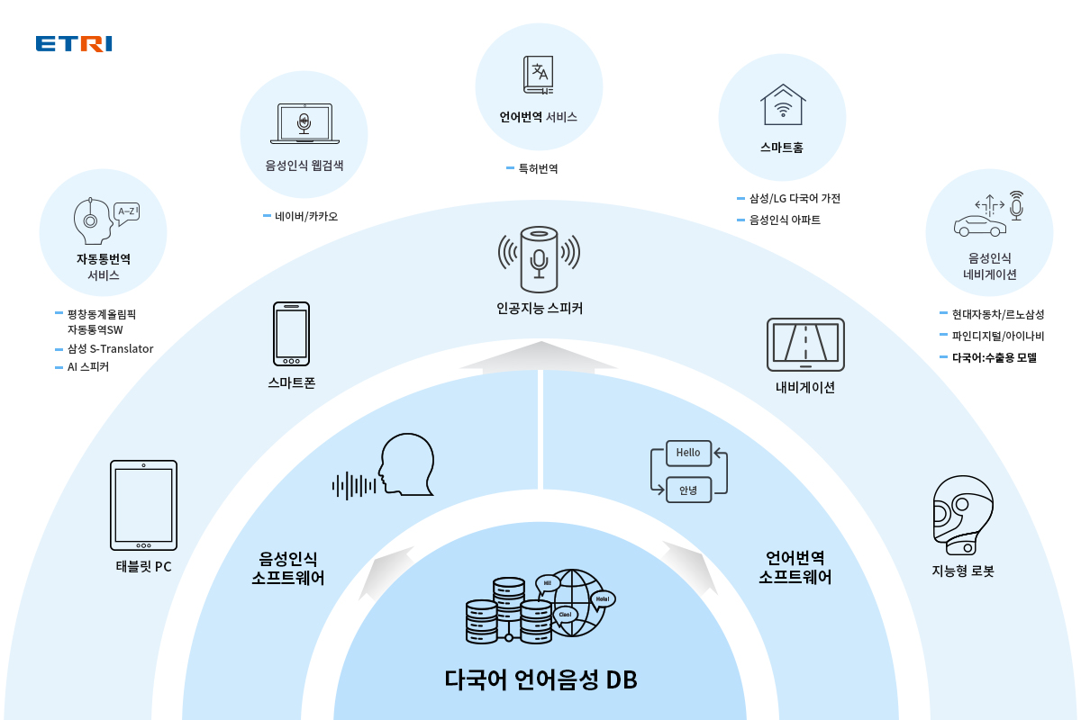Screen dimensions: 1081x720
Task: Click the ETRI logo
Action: point(74,43)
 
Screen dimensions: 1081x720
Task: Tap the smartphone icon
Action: point(291,334)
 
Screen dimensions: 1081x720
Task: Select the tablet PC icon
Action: point(143,505)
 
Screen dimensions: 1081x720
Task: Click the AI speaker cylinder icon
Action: point(539,259)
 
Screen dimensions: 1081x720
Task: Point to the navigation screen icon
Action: point(805,345)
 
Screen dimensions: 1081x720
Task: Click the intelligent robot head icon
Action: point(963,515)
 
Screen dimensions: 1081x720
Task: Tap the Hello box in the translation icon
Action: point(688,453)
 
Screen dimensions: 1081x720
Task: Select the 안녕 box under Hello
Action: point(688,490)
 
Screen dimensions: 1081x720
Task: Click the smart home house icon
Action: point(783,104)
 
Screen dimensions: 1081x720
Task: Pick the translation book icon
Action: point(539,76)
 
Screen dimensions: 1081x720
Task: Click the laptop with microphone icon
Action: point(304,123)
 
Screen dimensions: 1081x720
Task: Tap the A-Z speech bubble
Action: point(127,213)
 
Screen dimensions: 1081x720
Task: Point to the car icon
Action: point(980,226)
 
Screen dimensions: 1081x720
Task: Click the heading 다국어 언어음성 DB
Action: point(540,679)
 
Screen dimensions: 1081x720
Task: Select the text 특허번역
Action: point(538,168)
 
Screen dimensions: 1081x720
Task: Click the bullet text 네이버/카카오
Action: point(306,216)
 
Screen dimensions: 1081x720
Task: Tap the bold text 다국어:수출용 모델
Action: point(995,357)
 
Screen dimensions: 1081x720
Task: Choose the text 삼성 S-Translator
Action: point(110,348)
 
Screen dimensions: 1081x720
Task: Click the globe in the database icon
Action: point(573,603)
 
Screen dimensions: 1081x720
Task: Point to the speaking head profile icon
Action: point(407,464)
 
